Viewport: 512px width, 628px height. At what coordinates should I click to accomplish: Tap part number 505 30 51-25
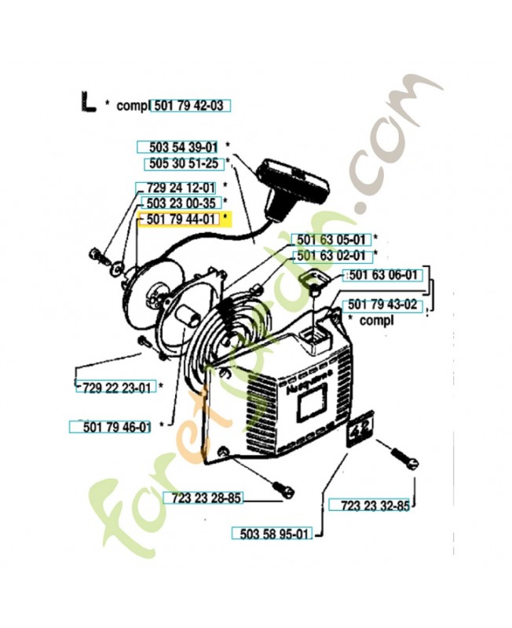(184, 163)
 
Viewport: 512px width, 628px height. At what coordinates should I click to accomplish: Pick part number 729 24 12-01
(181, 188)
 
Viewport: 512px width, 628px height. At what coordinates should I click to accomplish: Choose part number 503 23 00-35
(181, 203)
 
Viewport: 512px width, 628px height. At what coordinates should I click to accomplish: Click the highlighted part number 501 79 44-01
(181, 220)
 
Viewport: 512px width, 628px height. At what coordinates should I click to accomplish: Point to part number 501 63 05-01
(331, 240)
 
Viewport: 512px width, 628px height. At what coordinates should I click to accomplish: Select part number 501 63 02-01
(331, 256)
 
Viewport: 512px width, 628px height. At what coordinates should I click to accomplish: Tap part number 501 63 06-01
(383, 276)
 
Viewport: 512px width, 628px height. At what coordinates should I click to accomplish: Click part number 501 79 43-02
(382, 305)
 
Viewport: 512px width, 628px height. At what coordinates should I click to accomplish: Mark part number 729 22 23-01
(117, 388)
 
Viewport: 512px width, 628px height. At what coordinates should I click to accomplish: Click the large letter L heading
(88, 102)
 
